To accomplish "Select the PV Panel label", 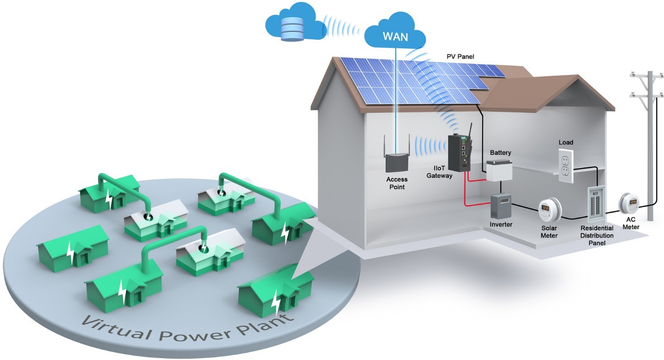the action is (460, 56).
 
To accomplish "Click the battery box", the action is (499, 170).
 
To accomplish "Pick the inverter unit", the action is (501, 206).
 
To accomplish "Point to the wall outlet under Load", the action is (566, 166).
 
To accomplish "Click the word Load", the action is (566, 143).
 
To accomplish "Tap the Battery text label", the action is (501, 153).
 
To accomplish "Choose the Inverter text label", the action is (501, 224).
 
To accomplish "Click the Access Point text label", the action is (397, 183).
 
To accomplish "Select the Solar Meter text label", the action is (549, 232).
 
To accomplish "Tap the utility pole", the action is (650, 145).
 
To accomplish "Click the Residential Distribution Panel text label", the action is (597, 235).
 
